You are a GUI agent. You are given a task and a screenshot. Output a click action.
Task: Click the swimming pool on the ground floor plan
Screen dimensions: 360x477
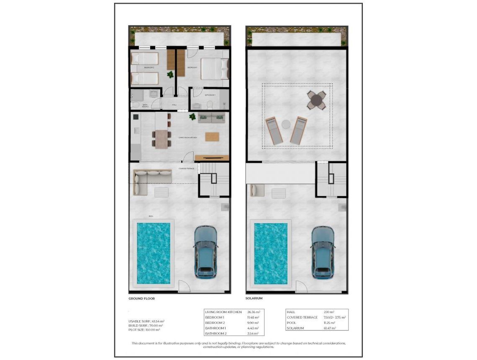[154, 253]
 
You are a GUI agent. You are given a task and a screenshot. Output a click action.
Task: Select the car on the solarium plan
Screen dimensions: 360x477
[323, 252]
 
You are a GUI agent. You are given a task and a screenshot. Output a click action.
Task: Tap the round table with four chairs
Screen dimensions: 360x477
[316, 100]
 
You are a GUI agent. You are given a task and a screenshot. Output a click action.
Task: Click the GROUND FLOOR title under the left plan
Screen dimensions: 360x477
[141, 298]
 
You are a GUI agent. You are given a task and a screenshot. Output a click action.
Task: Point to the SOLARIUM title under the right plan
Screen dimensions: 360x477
[254, 298]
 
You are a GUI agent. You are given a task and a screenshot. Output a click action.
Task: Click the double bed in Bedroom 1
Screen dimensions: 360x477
[215, 69]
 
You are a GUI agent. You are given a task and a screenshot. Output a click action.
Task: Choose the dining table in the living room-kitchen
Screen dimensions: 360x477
[162, 139]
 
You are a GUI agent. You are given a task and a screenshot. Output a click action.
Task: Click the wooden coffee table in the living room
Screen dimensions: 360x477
[212, 136]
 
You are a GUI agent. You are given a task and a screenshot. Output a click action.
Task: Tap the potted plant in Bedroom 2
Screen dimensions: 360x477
[170, 75]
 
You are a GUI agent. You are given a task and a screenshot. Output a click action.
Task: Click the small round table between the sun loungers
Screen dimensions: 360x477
[286, 124]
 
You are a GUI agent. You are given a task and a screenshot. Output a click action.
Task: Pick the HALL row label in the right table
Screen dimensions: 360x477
[291, 312]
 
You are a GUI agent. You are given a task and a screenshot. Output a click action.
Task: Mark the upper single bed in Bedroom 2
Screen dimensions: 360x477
[145, 59]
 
